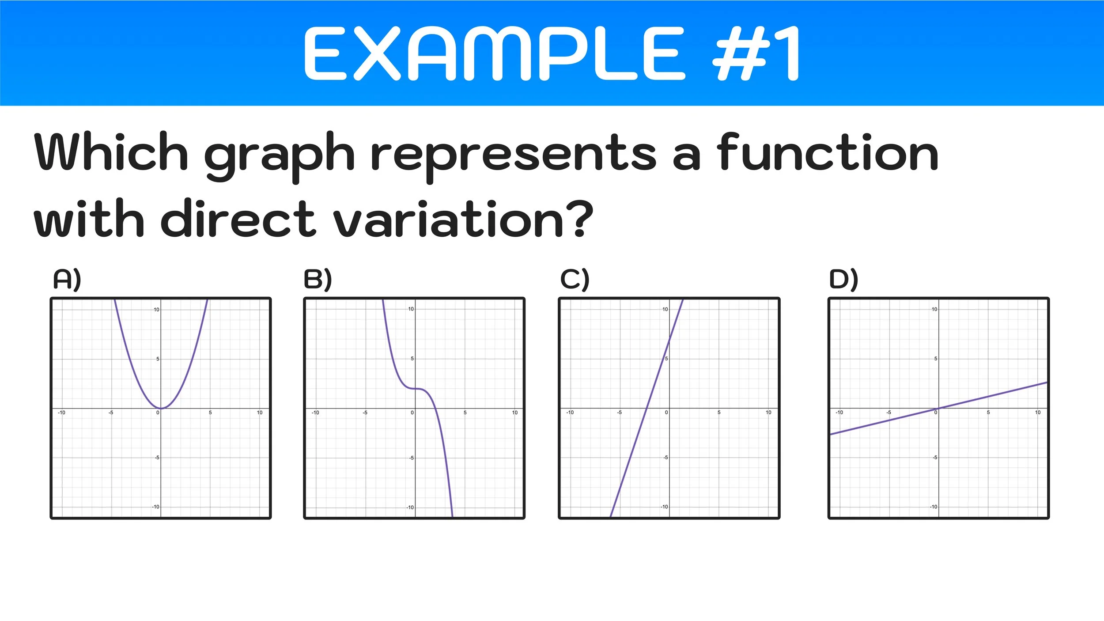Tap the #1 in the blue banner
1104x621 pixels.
[x=756, y=53]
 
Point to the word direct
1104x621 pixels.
[x=238, y=219]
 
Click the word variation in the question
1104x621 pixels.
[x=448, y=219]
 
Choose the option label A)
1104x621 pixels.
[x=67, y=279]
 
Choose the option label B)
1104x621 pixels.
[x=318, y=279]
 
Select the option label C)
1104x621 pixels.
[x=575, y=279]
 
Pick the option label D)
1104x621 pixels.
[x=843, y=279]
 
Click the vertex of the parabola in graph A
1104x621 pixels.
[x=161, y=408]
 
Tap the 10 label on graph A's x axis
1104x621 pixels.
[x=260, y=413]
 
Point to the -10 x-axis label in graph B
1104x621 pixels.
[x=315, y=413]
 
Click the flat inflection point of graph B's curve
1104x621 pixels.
[x=416, y=389]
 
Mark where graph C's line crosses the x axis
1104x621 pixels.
[x=647, y=408]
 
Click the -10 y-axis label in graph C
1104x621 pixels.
[x=664, y=507]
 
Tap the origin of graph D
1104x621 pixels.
[x=938, y=408]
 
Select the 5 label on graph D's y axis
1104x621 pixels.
[x=935, y=359]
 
